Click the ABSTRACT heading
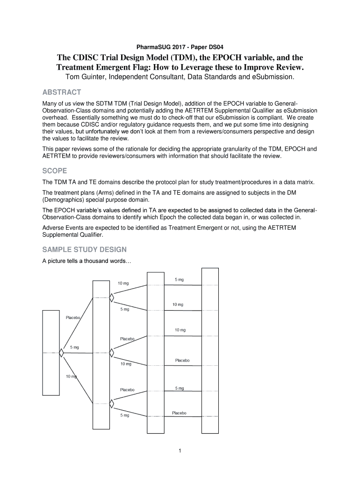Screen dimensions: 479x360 [62, 92]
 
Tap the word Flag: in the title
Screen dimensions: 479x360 [139, 67]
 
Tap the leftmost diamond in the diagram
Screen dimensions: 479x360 [61, 353]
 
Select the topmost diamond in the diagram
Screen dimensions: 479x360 [112, 297]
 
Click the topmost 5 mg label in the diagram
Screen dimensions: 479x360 [180, 280]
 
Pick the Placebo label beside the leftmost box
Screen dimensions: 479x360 [73, 318]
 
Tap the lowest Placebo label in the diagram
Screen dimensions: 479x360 [179, 413]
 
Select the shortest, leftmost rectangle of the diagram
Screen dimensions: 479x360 [51, 353]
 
